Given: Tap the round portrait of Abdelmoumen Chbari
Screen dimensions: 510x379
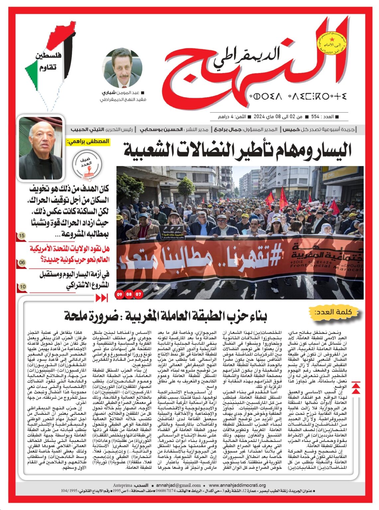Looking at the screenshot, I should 122,68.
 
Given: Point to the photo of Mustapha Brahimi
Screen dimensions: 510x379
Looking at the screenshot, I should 41,148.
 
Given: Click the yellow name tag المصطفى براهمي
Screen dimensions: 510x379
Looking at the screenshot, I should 88,141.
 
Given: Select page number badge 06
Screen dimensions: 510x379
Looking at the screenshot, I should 22,263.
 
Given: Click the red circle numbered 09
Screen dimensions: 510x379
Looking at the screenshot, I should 120,294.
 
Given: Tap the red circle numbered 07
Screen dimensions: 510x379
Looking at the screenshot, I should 138,294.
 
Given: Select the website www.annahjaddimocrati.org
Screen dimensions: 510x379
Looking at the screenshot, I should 237,485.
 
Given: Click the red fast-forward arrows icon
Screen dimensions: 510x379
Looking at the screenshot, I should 102,298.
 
